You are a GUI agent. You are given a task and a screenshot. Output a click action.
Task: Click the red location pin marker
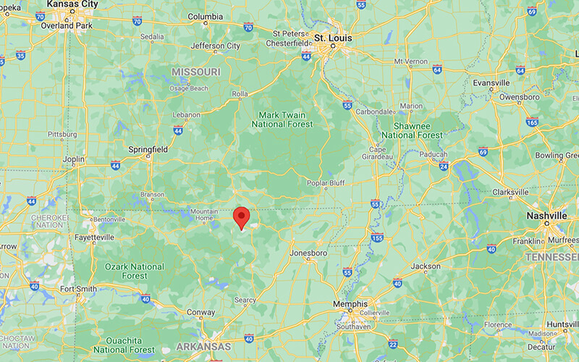241,216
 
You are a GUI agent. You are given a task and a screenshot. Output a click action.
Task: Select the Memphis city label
350,304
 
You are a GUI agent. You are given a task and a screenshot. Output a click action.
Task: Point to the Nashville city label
548,216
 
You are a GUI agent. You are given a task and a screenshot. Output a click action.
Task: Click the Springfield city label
147,149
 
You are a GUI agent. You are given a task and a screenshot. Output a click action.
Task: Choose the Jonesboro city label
309,253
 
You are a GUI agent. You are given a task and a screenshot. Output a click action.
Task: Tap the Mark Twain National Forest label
282,119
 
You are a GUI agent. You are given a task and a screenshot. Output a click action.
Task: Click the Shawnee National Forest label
412,130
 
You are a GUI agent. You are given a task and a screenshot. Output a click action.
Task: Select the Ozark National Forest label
135,271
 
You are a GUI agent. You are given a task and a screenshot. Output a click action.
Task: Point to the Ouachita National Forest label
124,345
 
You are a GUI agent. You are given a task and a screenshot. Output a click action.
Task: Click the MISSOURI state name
196,72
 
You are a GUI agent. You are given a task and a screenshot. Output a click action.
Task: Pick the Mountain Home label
203,214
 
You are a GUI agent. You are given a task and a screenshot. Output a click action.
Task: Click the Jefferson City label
215,46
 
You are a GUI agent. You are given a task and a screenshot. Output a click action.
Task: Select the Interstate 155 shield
376,237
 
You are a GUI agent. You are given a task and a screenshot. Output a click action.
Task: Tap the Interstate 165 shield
533,123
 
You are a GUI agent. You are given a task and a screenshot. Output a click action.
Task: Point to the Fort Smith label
77,289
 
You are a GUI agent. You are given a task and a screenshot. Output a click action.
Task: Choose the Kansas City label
72,4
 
